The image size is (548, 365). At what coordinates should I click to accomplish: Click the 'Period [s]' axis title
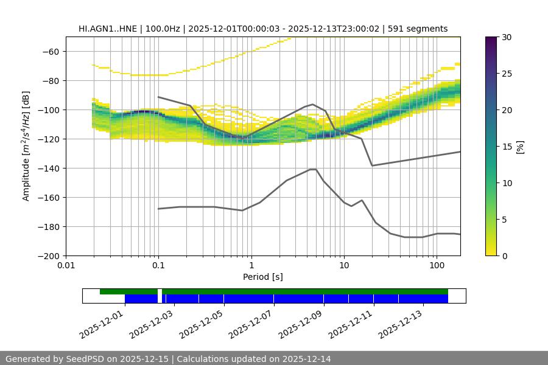tap(263, 277)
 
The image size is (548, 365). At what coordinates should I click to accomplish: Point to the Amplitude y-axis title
tap(26, 147)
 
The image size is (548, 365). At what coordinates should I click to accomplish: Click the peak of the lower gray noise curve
tap(313, 169)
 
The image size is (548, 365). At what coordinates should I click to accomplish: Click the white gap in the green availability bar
tap(160, 292)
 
